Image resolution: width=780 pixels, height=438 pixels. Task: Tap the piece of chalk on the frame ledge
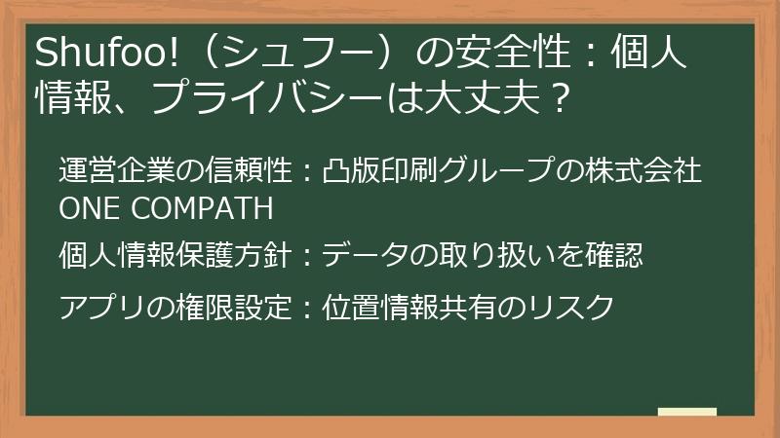click(687, 413)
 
